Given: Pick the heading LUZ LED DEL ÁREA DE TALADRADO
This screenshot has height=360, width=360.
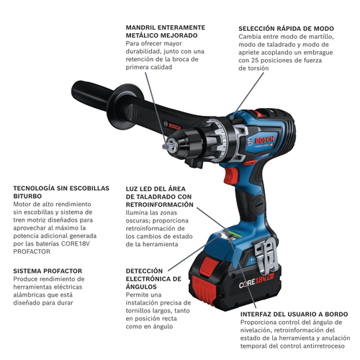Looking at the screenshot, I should [x=158, y=197].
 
